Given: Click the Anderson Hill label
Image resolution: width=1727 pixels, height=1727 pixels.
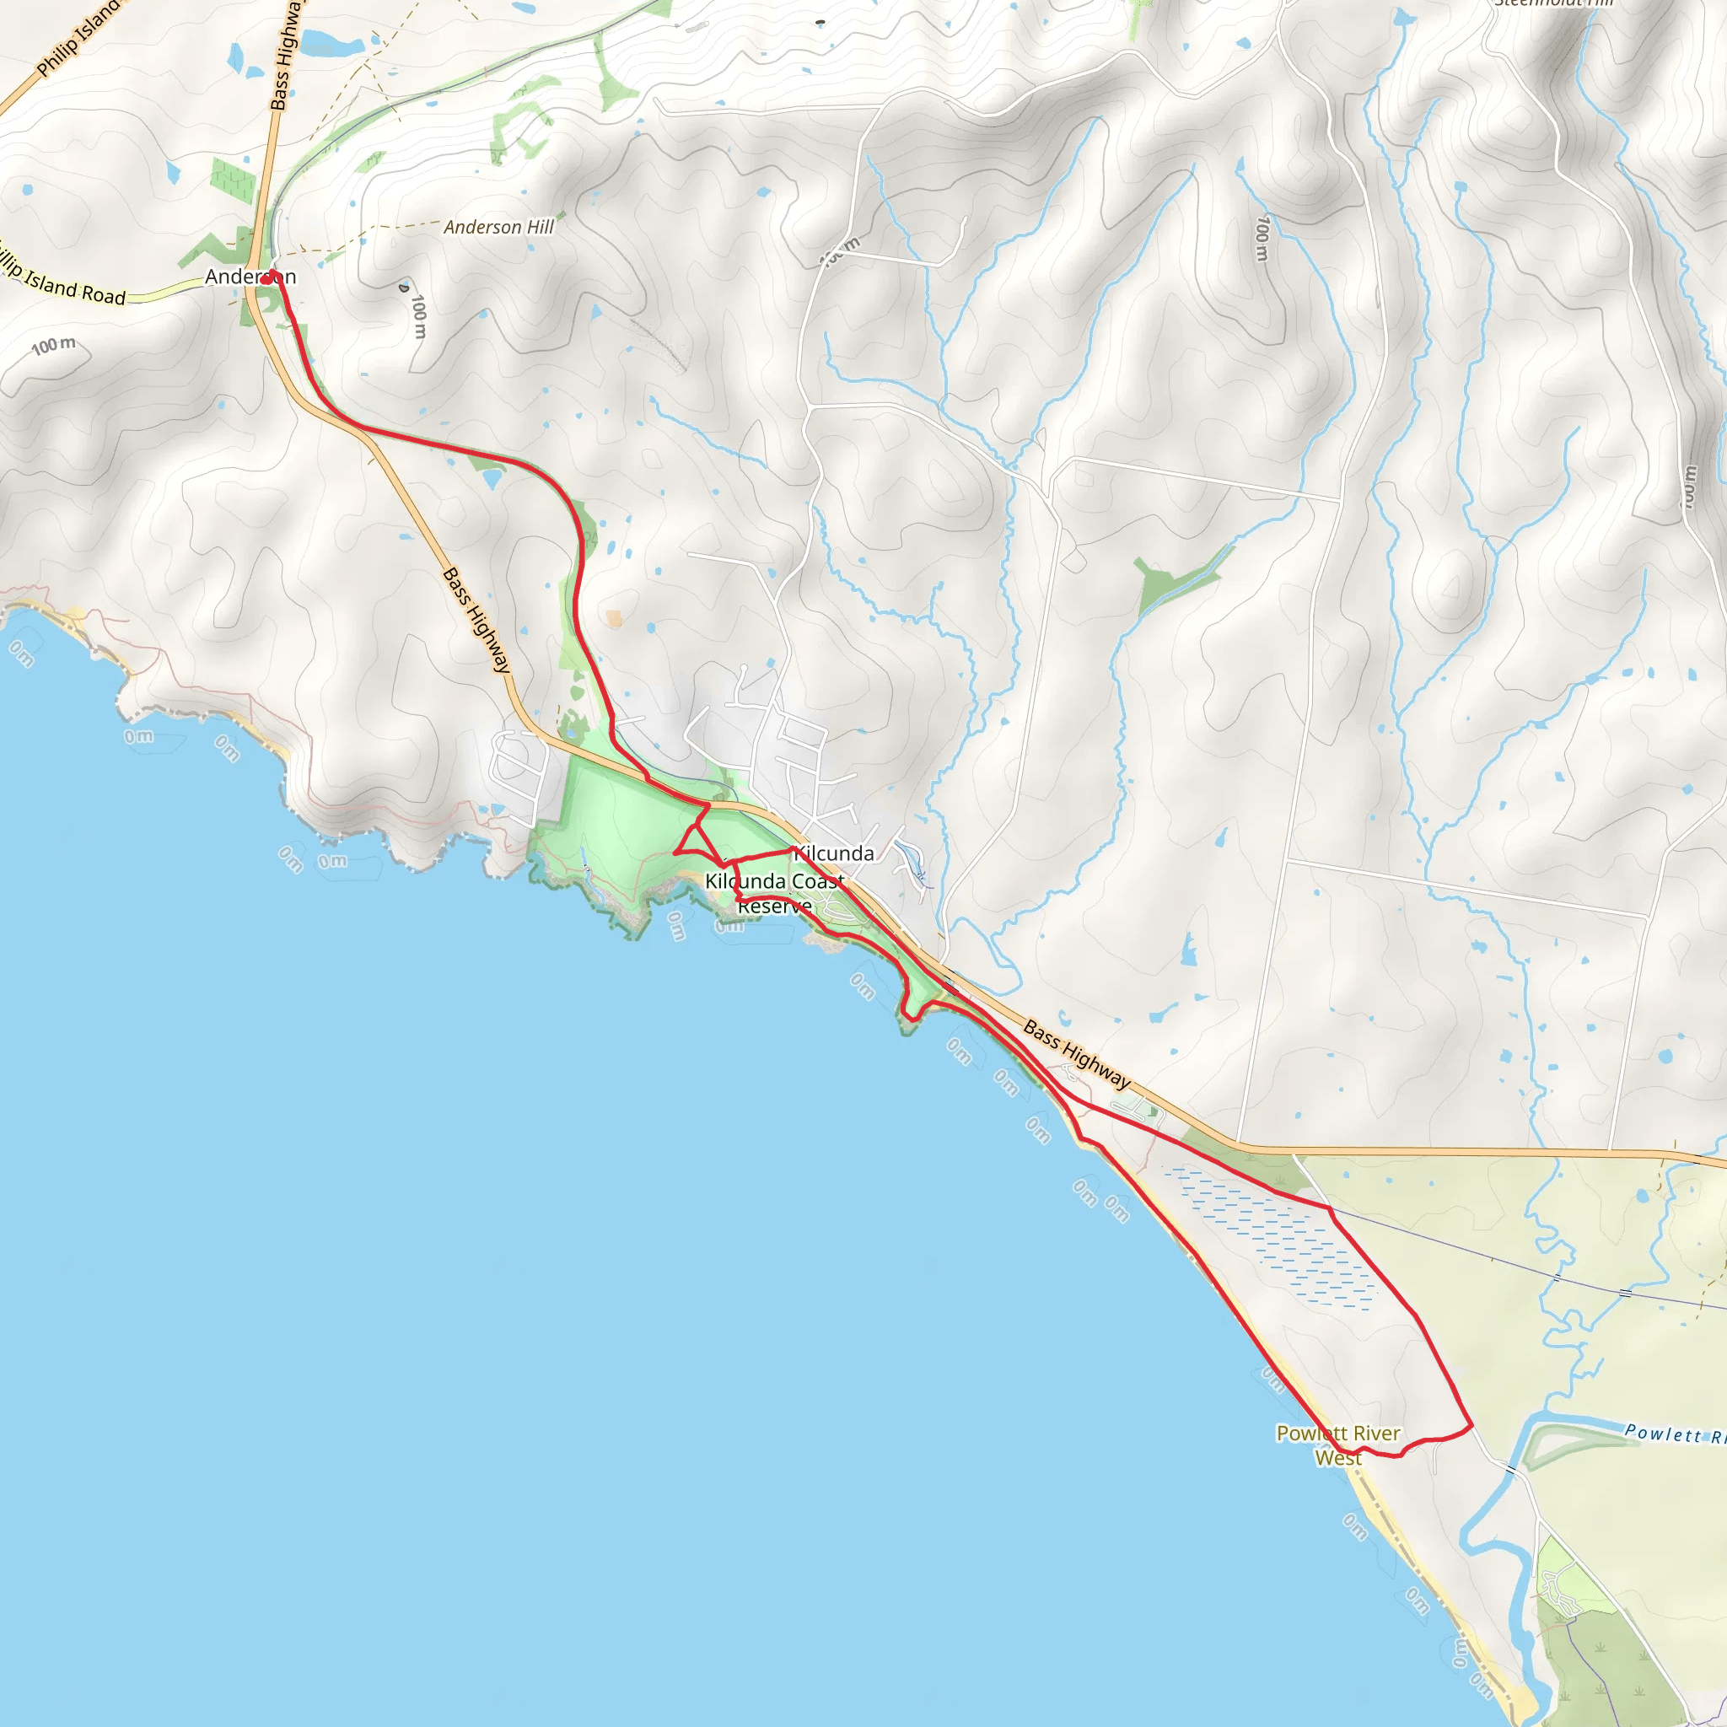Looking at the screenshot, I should [x=499, y=227].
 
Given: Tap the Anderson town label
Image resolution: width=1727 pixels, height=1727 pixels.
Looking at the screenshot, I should [x=250, y=277].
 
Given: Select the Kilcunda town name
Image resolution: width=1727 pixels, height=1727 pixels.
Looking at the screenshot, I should [x=835, y=853].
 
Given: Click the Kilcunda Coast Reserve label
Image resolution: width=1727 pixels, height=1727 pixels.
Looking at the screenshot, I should [x=774, y=893].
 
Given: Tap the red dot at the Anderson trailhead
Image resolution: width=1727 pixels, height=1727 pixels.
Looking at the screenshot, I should [x=266, y=280].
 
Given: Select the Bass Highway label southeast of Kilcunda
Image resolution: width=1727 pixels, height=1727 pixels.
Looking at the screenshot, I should [x=1076, y=1056].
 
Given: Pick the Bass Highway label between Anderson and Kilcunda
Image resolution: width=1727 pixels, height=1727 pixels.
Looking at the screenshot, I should [x=477, y=620].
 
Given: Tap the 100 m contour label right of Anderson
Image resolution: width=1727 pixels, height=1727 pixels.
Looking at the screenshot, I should [x=418, y=316].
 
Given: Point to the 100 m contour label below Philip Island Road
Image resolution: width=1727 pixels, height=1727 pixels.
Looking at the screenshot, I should [x=54, y=345].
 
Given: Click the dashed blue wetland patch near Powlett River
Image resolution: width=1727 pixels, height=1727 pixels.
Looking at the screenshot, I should [x=1278, y=1237].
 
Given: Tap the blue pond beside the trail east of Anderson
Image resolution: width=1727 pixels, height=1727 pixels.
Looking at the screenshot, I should [x=492, y=478].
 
